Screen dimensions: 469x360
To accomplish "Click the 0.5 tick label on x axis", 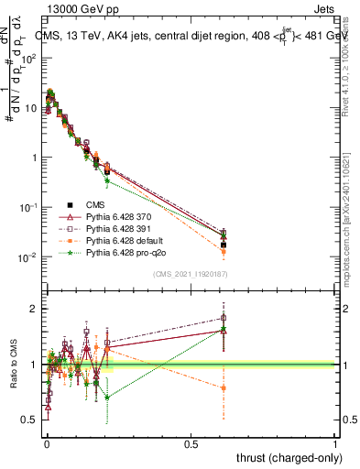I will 191,443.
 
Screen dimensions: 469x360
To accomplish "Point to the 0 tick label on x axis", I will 47,443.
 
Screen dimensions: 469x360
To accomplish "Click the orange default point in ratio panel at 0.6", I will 224,387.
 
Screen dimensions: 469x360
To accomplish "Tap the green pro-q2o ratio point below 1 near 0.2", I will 107,397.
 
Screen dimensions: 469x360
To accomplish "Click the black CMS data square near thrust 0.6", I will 224,245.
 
